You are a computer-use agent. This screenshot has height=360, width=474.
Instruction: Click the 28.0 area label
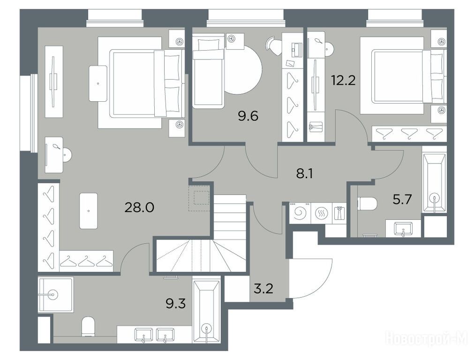click(139, 208)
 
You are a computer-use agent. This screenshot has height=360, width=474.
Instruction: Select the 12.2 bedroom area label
click(343, 81)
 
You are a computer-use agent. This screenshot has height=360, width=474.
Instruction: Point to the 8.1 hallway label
click(304, 174)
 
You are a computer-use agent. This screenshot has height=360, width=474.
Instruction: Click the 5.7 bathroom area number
click(402, 199)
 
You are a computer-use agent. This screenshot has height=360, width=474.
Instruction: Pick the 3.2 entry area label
click(263, 289)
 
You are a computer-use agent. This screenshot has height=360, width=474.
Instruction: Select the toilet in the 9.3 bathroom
click(88, 326)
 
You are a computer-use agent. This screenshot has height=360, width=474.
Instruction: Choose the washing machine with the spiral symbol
click(300, 213)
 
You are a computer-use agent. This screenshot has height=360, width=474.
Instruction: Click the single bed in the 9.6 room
click(209, 71)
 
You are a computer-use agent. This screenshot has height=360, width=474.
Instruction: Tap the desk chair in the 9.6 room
click(274, 45)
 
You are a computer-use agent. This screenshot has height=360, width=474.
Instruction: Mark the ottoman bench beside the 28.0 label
click(89, 210)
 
